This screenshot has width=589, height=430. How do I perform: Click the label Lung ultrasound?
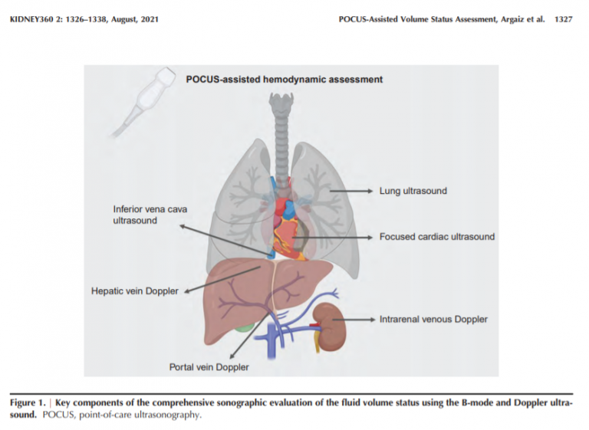(x=413, y=191)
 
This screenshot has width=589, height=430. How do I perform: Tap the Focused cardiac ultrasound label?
(x=437, y=237)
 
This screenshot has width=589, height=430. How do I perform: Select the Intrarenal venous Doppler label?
(x=433, y=319)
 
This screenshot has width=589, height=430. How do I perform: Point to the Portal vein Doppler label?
(x=209, y=367)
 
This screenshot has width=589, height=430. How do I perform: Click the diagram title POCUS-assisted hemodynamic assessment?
(x=285, y=79)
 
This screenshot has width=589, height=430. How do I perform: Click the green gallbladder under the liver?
(x=243, y=327)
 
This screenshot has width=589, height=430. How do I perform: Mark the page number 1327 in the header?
(x=563, y=19)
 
